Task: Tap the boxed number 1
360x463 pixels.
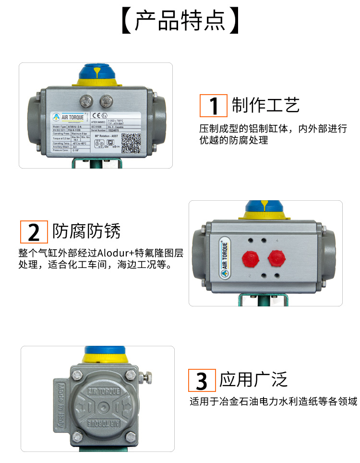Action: pos(214,106)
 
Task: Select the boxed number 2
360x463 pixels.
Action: pos(34,231)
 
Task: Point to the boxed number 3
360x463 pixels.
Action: pos(202,381)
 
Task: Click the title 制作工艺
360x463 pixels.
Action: pos(265,105)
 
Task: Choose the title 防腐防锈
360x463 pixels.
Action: pos(86,231)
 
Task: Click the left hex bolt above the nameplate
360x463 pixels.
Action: pos(86,101)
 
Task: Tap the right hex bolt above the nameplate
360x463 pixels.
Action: pos(105,101)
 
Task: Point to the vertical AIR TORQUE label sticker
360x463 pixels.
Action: pos(225,257)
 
